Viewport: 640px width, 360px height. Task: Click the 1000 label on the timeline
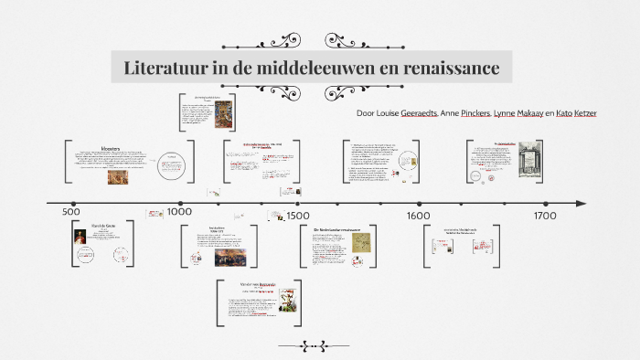179,211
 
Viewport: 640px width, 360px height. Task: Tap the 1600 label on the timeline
419,216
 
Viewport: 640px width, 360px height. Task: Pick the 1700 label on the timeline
544,216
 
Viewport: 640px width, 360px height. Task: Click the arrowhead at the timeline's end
581,203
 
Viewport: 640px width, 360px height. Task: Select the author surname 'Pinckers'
469,113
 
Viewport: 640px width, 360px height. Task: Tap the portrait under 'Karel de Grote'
81,239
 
